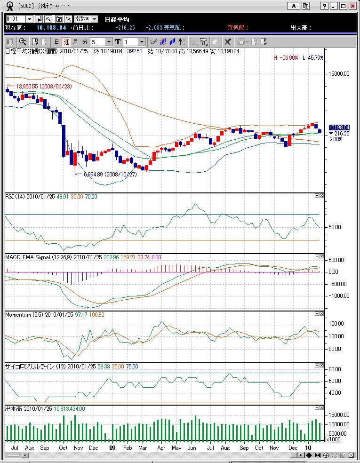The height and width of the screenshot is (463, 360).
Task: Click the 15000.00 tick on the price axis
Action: coord(339,73)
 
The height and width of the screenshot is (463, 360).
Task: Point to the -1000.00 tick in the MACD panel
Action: coord(339,296)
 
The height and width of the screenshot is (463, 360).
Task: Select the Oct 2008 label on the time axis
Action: coord(64,448)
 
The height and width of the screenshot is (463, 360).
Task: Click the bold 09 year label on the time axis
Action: coord(112,448)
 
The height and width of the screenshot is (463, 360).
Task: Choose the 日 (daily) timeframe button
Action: coord(56,42)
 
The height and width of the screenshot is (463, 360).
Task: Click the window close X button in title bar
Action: coord(352,6)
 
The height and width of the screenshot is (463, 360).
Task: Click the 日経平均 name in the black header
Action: coord(117,19)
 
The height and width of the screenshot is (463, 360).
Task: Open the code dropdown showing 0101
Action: coord(29,19)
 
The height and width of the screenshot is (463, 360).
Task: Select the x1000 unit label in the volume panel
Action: coord(334,439)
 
